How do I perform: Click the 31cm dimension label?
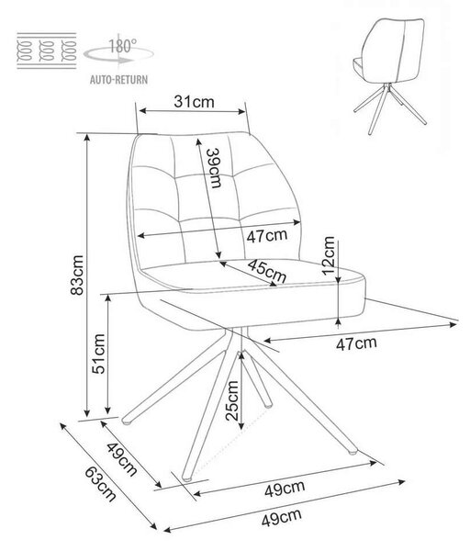pos(194,102)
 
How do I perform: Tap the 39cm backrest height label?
pos(214,168)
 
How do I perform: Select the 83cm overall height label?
pos(77,275)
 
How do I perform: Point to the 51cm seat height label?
pos(98,354)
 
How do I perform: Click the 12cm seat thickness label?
pos(329,255)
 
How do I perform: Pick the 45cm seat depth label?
pos(266,271)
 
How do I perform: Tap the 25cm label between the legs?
pos(232,401)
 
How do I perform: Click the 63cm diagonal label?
pos(100,484)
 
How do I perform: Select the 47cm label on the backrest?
pos(267,235)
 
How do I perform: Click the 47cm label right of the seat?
pos(356,343)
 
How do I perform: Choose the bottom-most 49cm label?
pos(282,518)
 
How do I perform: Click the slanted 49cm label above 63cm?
pos(121,459)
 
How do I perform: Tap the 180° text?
pos(122,47)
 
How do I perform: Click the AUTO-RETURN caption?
pos(118,80)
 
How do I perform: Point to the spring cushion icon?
pos(47,51)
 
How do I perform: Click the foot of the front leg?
pos(187,478)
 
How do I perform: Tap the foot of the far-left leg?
pos(127,420)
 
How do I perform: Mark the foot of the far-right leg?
pos(352,451)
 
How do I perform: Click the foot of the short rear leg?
pos(268,404)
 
